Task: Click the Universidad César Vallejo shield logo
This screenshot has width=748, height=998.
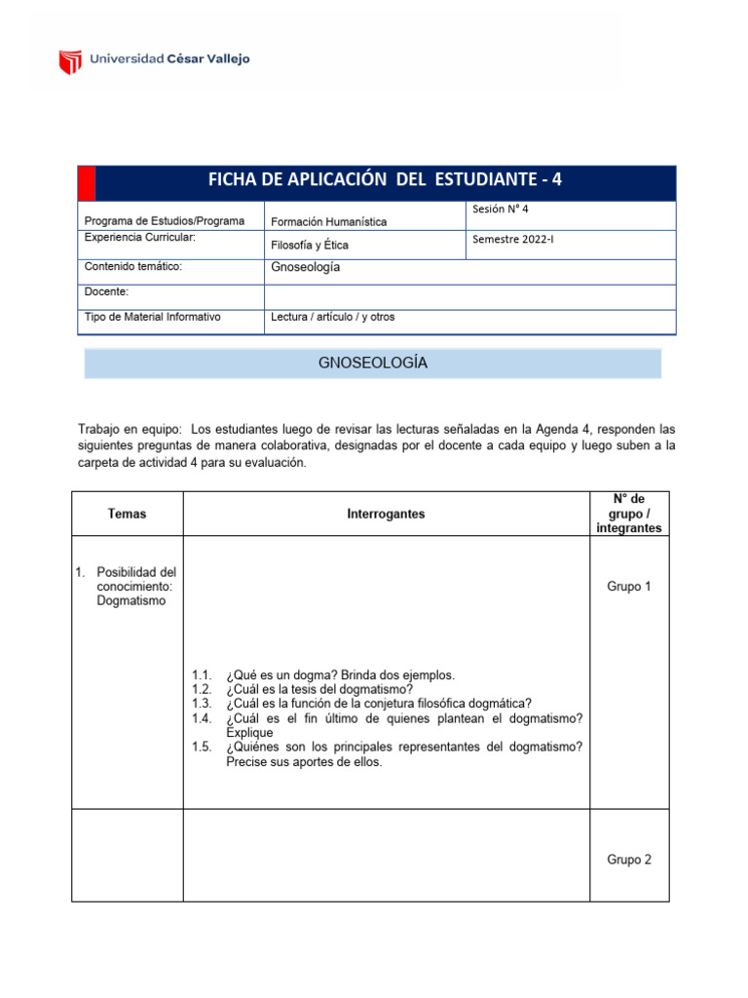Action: (70, 61)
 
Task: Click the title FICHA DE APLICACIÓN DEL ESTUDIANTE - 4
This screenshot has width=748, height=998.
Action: (385, 180)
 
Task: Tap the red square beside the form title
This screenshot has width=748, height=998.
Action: (87, 182)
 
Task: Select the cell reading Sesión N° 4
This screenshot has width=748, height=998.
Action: (501, 210)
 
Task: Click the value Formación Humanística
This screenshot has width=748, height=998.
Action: (328, 222)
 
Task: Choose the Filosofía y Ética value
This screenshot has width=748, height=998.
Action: (309, 246)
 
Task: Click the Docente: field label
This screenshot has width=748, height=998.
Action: (106, 292)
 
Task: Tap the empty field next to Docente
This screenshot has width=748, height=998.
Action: (469, 296)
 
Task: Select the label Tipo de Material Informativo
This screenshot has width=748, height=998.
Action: (153, 317)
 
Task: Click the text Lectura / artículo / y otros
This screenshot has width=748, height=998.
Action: (332, 317)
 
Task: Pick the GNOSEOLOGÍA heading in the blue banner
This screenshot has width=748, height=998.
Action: (373, 364)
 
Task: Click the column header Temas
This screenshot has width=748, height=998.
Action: (127, 514)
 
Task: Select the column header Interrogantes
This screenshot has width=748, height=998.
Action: (386, 514)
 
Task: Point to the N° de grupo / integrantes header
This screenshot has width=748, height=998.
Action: (628, 514)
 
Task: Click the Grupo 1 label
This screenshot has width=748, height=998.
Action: (629, 587)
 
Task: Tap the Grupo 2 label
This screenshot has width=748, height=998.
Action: (629, 860)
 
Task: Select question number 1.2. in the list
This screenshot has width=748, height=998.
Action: (202, 689)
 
